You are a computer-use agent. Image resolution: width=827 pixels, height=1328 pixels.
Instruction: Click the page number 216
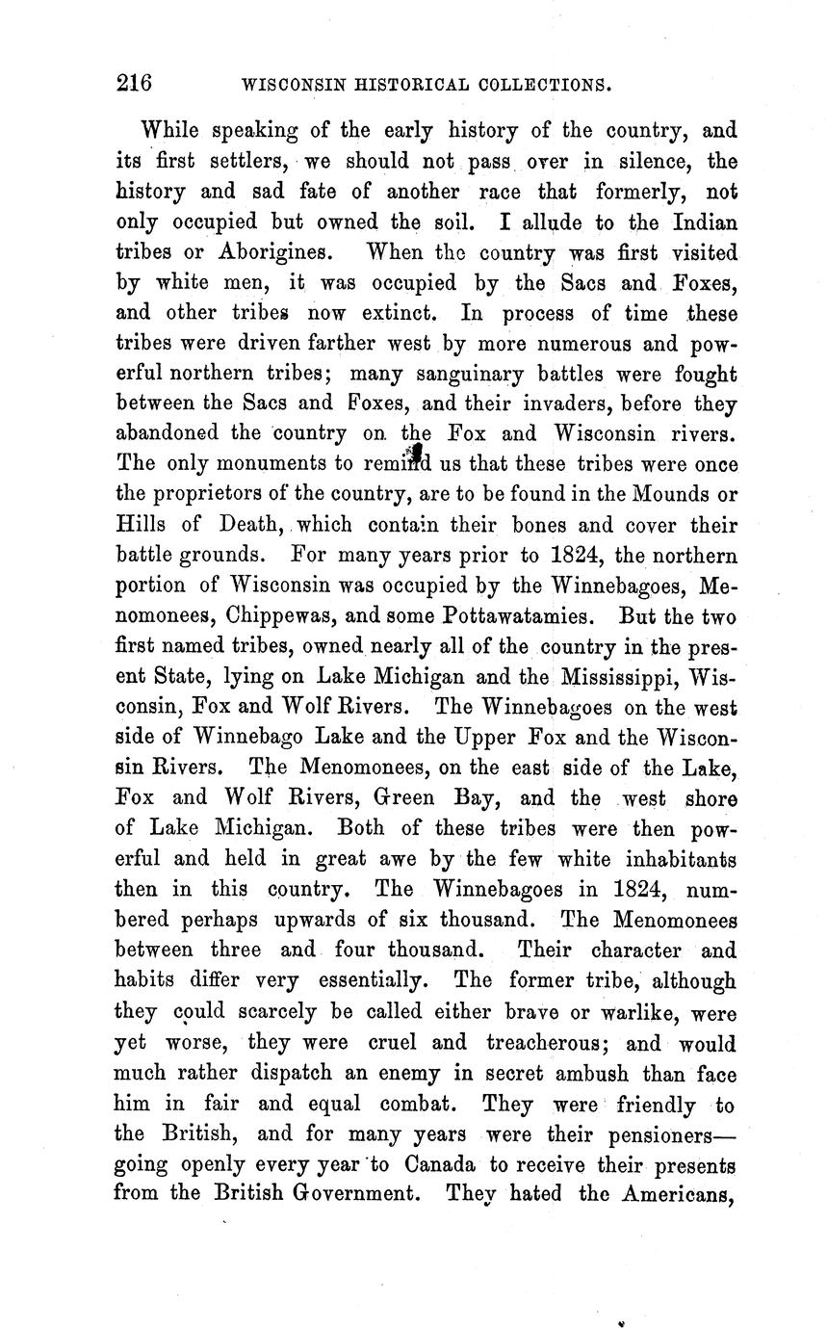coord(134,83)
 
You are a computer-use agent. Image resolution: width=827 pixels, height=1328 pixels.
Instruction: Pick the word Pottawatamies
coord(526,615)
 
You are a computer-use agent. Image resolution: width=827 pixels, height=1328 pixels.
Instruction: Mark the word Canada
coord(440,1164)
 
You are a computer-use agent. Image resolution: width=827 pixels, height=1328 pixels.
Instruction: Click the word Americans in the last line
coord(678,1194)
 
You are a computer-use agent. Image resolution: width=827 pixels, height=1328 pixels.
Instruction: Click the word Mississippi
coord(602,676)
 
